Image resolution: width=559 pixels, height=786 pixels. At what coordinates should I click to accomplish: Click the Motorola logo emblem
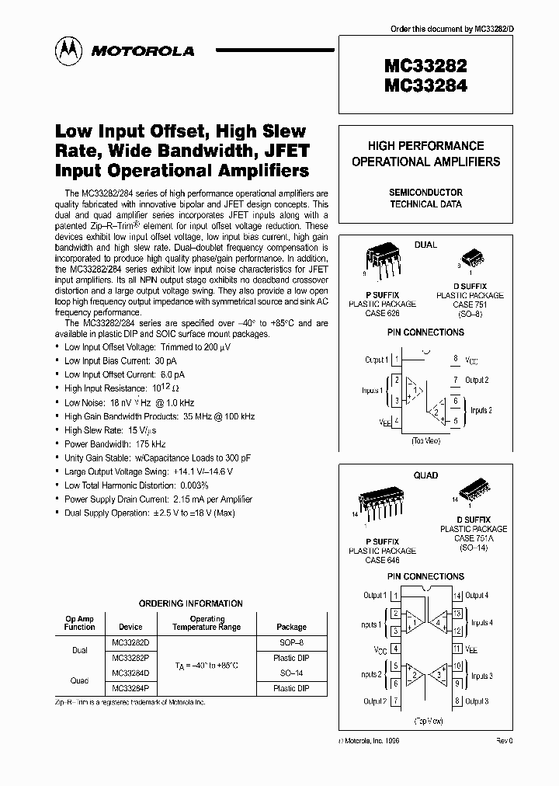pos(67,50)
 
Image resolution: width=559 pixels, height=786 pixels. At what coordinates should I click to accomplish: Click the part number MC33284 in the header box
pos(425,86)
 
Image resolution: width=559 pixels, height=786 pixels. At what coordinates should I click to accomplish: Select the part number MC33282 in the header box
pos(425,66)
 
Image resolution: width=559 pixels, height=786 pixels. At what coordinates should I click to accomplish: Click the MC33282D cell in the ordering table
pos(130,644)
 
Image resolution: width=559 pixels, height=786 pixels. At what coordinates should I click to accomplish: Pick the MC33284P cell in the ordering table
pos(130,688)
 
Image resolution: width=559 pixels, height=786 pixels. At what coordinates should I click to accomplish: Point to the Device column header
pos(130,627)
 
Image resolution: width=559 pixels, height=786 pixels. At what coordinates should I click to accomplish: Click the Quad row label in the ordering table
pos(79,680)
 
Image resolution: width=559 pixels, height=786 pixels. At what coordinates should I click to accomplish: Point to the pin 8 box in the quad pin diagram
pos(457,701)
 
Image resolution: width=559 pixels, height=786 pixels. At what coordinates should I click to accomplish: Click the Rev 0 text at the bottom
pos(505,742)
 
